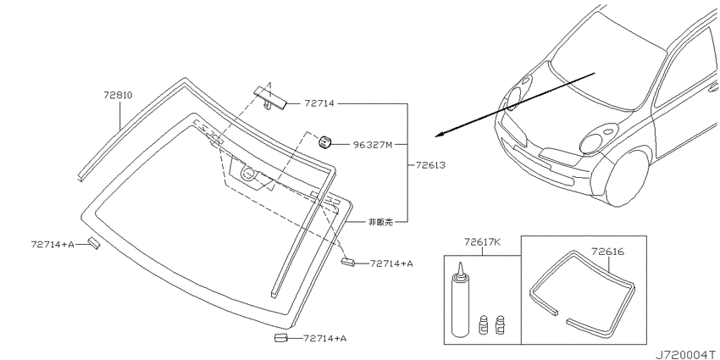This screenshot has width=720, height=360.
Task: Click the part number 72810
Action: [x=118, y=96]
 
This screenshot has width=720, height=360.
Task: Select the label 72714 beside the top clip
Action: [x=318, y=104]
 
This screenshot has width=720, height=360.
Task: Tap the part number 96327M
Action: [x=373, y=145]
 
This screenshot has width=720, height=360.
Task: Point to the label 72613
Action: [x=430, y=164]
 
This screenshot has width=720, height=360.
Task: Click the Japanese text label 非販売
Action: [x=380, y=222]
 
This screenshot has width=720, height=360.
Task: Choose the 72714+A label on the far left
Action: [x=53, y=244]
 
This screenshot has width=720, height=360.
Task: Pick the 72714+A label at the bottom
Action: [x=324, y=339]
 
